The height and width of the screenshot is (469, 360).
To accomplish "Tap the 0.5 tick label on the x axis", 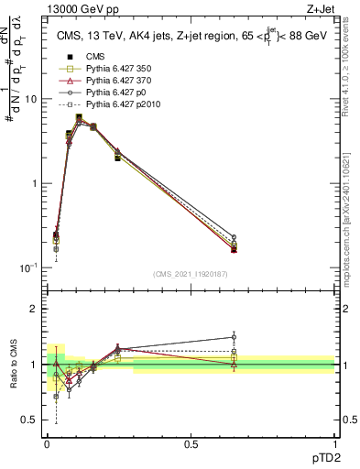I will tap(191, 442).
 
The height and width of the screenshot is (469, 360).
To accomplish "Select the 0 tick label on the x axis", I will tap(46, 442).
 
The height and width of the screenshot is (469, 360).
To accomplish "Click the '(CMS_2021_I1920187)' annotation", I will tap(190, 274).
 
